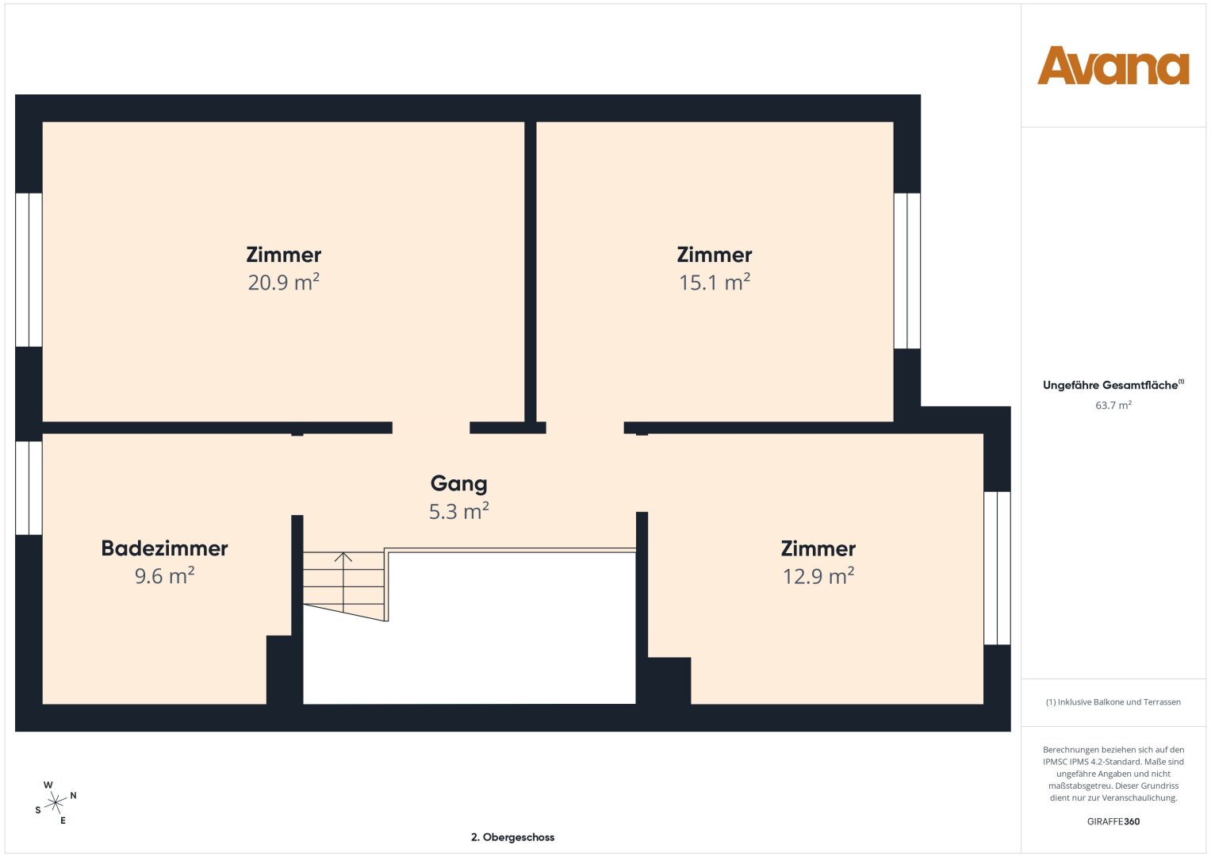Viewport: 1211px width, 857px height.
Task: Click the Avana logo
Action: pos(1113,65)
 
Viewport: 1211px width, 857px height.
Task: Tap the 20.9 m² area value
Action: pos(283,282)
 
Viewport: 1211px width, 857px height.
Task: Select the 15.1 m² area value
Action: pos(715,282)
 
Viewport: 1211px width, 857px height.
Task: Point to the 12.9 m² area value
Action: pos(818,575)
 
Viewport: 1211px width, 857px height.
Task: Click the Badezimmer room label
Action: pos(164,548)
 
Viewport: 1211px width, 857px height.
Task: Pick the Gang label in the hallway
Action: pos(458,484)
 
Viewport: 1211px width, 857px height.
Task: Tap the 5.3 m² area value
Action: pos(458,511)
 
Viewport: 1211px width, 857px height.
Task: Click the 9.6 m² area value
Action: pos(164,575)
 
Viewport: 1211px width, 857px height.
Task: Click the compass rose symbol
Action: pos(56,802)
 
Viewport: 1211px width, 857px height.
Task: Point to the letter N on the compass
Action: pos(73,795)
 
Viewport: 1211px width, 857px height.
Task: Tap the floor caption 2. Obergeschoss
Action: pos(512,837)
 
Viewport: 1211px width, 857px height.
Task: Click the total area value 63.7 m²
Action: pos(1113,405)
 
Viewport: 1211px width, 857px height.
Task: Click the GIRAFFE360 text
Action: pos(1113,821)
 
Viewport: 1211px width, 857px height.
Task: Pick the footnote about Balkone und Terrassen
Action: pos(1113,701)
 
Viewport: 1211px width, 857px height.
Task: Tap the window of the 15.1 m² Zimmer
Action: pos(907,271)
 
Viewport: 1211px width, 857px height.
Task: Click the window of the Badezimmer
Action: pos(29,488)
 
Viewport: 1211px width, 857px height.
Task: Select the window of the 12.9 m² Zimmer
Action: pos(997,568)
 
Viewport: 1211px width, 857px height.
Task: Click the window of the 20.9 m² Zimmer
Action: pos(29,270)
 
